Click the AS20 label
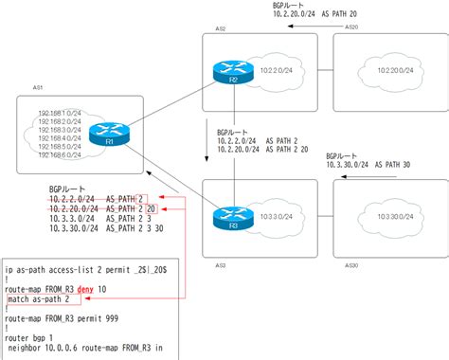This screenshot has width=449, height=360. tap(351, 28)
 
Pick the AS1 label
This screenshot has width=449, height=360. tap(39, 86)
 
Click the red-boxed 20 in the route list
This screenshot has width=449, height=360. tap(151, 208)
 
